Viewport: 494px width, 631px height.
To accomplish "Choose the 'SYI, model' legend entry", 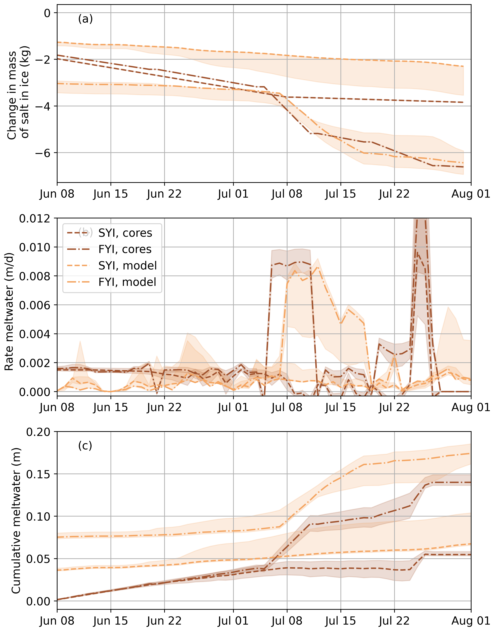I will [x=127, y=265].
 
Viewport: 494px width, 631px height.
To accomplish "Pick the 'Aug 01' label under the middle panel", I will [x=471, y=407].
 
